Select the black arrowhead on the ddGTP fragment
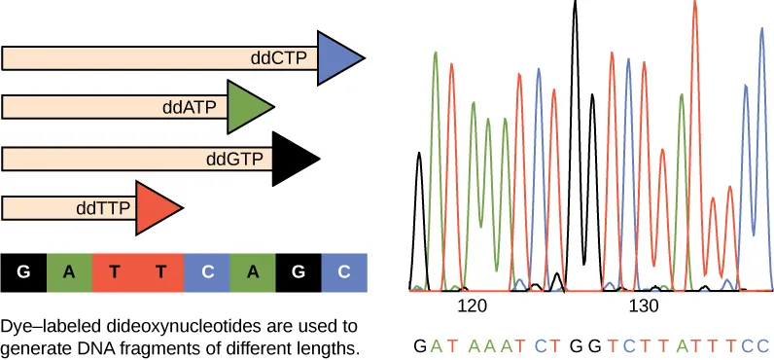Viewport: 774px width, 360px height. click(294, 157)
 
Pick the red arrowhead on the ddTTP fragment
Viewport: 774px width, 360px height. click(156, 206)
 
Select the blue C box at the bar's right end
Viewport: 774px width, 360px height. click(343, 273)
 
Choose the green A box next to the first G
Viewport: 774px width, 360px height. click(68, 273)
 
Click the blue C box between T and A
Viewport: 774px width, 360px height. click(206, 273)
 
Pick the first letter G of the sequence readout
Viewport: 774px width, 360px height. click(419, 344)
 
